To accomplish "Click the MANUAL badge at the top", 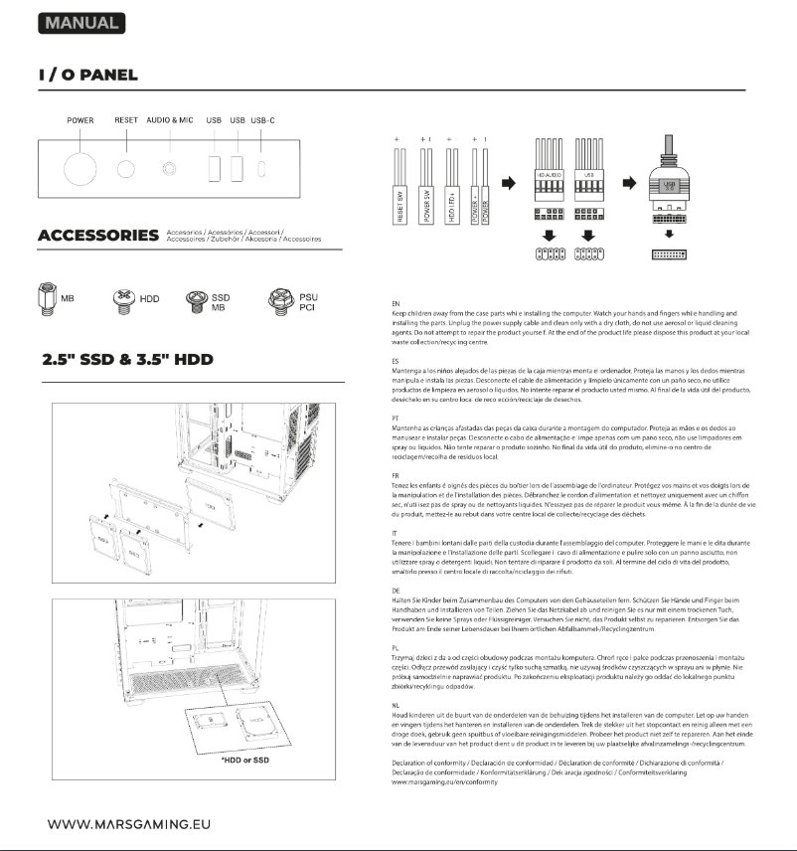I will coord(81,22).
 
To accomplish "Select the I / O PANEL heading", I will coord(87,76).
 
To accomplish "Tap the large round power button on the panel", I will coord(80,168).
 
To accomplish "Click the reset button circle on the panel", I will coord(126,168).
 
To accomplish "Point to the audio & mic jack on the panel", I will coord(169,168).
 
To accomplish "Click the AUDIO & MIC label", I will coord(169,120).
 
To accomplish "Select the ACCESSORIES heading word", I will coord(97,236).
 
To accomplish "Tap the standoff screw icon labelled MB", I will coord(49,299).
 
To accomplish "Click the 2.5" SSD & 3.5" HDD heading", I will coord(127,359).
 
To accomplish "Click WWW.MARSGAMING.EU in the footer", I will coord(128,824).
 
